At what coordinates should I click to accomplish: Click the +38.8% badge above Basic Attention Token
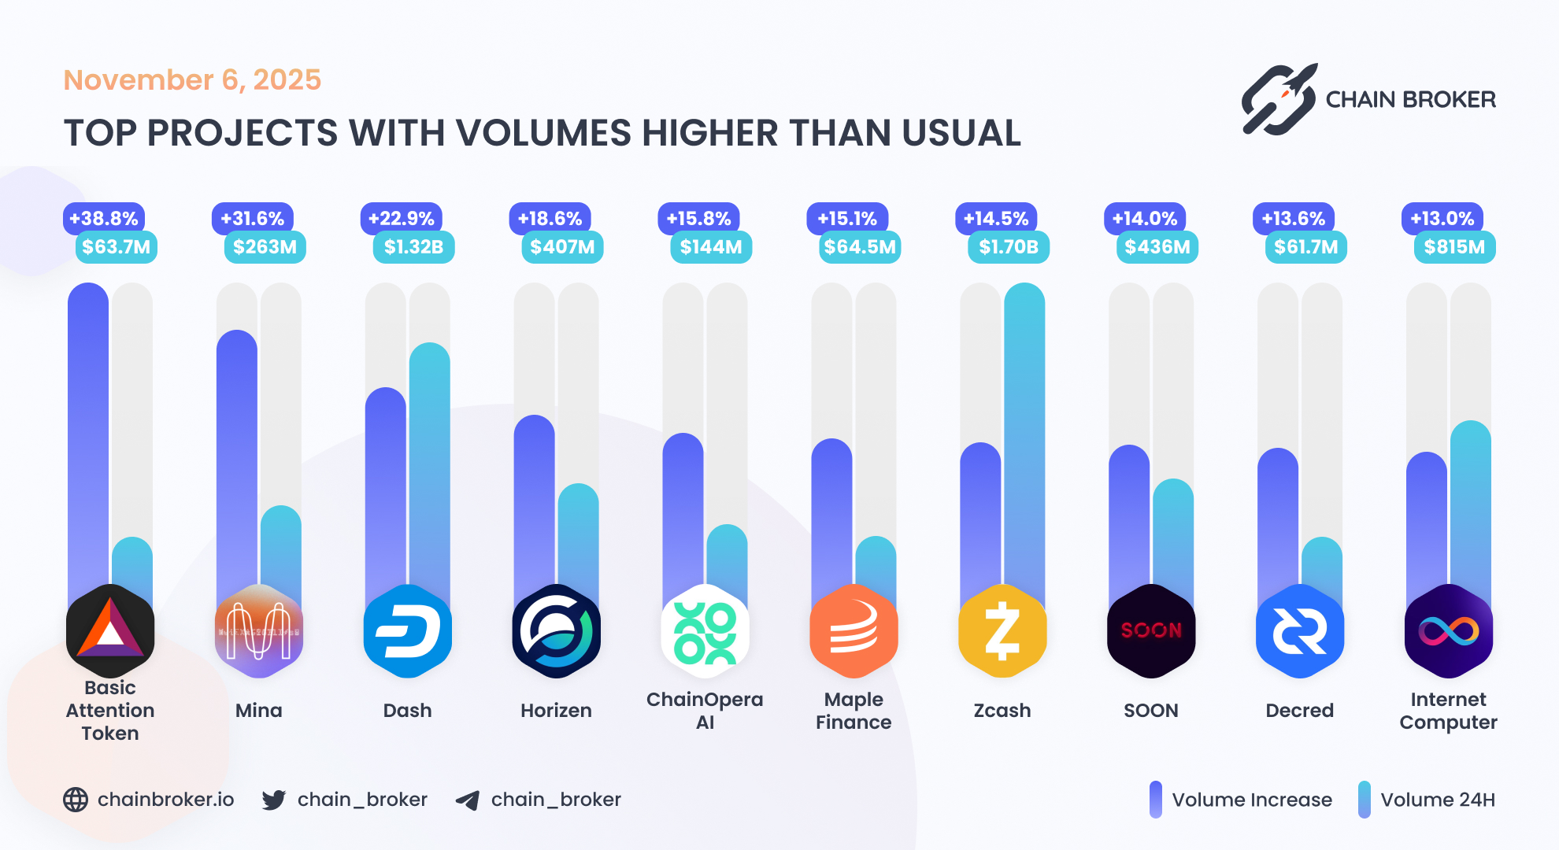(x=104, y=219)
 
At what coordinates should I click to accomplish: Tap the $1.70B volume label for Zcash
(x=1008, y=247)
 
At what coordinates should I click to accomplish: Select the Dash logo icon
(x=407, y=631)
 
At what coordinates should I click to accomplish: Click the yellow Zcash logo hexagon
(x=1002, y=631)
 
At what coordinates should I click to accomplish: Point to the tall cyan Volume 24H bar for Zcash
(x=1024, y=433)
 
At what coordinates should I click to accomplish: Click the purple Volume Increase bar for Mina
(x=236, y=456)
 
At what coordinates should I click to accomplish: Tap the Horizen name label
(x=556, y=711)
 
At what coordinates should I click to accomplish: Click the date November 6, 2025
(x=192, y=80)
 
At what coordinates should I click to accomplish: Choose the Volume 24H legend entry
(x=1426, y=800)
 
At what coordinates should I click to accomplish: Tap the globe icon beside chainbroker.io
(x=76, y=800)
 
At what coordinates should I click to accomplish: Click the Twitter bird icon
(x=274, y=800)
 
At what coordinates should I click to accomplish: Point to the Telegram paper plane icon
(x=468, y=800)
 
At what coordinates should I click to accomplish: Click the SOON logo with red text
(x=1150, y=631)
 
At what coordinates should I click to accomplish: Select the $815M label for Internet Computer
(x=1454, y=247)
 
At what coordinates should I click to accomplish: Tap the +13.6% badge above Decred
(x=1293, y=219)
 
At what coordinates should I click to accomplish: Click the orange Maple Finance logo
(x=854, y=631)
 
